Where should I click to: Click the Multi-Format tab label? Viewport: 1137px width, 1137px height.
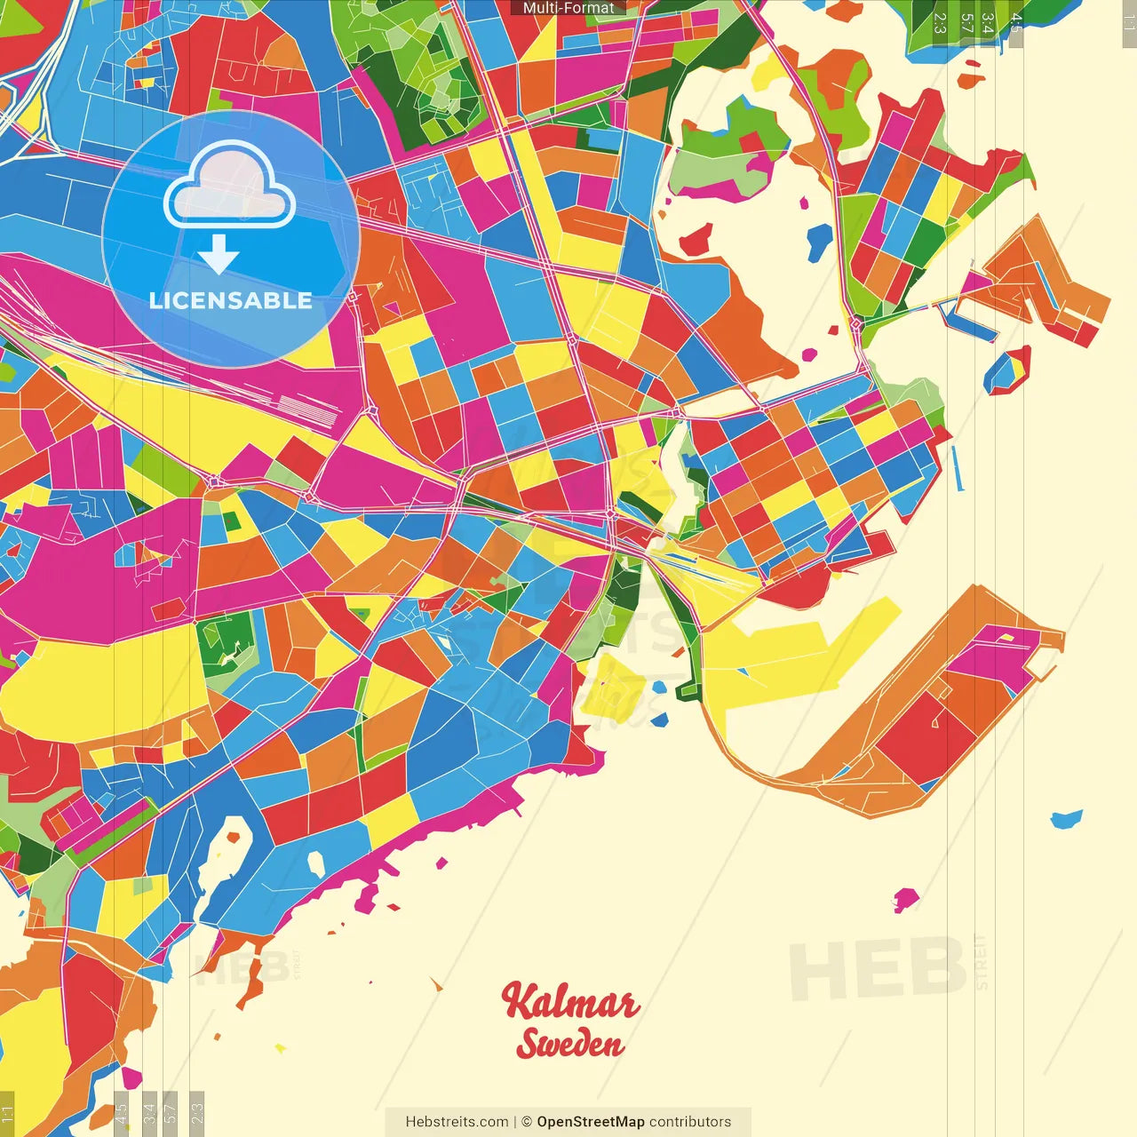pyautogui.click(x=568, y=8)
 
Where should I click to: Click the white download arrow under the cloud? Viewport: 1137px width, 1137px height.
pyautogui.click(x=219, y=256)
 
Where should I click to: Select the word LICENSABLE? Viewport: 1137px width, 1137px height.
pyautogui.click(x=230, y=300)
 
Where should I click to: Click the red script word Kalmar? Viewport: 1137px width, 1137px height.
pyautogui.click(x=569, y=1003)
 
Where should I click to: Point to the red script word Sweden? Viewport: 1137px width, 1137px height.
pyautogui.click(x=570, y=1044)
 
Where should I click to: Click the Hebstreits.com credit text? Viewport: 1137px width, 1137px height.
pyautogui.click(x=457, y=1122)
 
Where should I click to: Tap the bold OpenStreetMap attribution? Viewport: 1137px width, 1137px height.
pyautogui.click(x=590, y=1122)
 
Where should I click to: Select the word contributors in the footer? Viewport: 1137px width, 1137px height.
pyautogui.click(x=690, y=1122)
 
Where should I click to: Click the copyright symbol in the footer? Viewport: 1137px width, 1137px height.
pyautogui.click(x=526, y=1122)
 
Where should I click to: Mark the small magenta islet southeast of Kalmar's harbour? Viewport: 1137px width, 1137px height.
pyautogui.click(x=905, y=900)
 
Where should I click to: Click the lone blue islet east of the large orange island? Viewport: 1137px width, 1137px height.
pyautogui.click(x=1066, y=819)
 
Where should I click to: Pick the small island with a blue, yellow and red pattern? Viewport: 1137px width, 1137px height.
pyautogui.click(x=1007, y=371)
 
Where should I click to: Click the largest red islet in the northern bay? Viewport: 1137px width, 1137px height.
pyautogui.click(x=696, y=239)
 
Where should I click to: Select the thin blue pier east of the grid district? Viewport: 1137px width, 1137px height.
pyautogui.click(x=958, y=467)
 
